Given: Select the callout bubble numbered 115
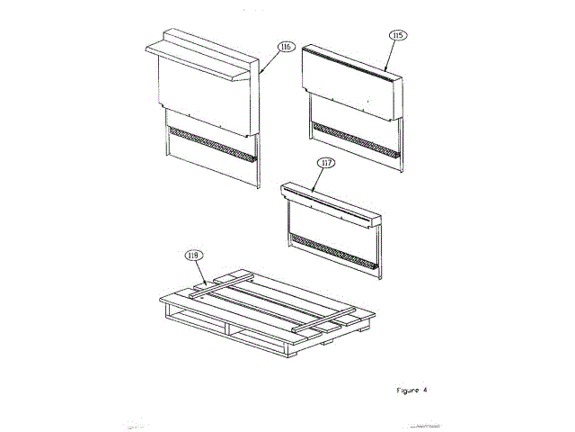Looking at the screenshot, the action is coord(397,35).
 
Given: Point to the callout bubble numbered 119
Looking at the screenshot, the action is coord(192,256).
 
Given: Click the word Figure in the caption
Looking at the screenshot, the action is coord(408,390).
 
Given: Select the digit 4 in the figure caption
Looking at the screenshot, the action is coord(425,390).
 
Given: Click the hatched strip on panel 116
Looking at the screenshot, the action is coord(212,145).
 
